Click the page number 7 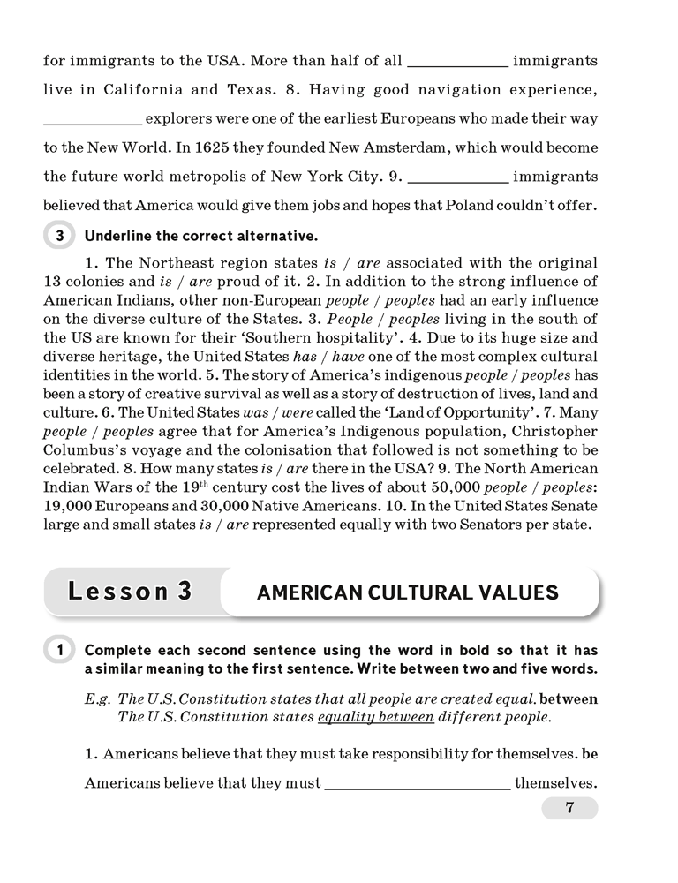(569, 808)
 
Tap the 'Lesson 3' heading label (131, 592)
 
